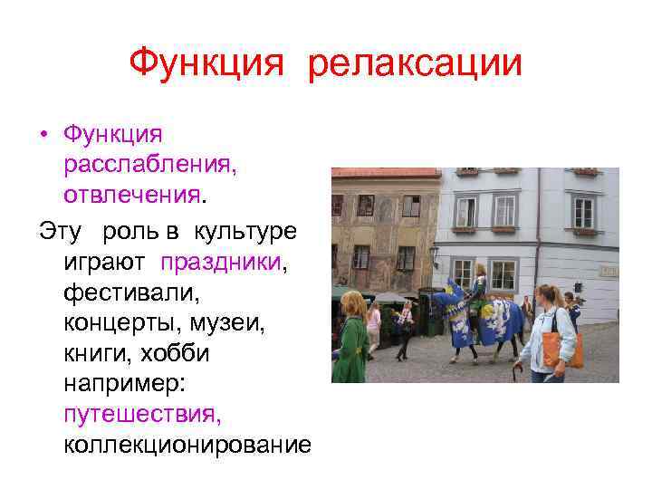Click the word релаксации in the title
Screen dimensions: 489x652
[416, 63]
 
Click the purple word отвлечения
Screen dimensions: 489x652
[131, 196]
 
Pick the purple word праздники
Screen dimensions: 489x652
[221, 262]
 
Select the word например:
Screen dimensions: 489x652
[124, 385]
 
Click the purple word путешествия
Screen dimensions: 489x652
[141, 416]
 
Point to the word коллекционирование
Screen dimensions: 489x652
[187, 446]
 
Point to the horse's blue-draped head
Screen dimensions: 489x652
[445, 303]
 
